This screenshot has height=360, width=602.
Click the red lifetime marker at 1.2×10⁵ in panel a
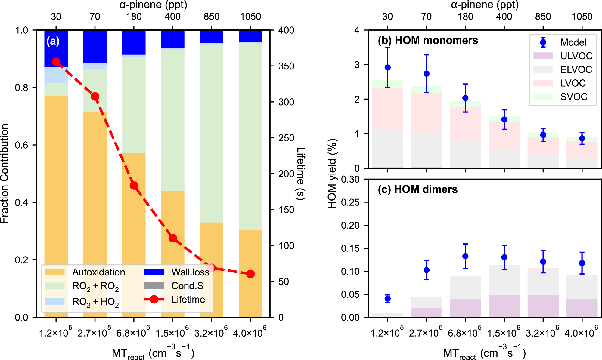click(56, 62)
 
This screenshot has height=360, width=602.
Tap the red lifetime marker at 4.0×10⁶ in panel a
click(250, 274)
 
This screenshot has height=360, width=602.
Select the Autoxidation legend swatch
click(55, 272)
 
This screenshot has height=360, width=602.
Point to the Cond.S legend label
click(187, 286)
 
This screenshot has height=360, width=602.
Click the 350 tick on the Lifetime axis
click(286, 66)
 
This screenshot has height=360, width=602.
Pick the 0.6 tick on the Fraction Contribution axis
click(22, 145)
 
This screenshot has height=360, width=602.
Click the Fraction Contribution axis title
click(5, 174)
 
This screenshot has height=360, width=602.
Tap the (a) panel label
click(53, 41)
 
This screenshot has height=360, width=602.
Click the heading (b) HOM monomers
click(428, 40)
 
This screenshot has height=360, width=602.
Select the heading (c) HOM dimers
click(417, 189)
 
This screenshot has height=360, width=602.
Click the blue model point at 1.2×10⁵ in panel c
click(388, 298)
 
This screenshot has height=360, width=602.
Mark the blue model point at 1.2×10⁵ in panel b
click(388, 67)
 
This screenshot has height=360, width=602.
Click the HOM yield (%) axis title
click(332, 174)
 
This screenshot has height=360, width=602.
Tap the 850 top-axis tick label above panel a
click(211, 17)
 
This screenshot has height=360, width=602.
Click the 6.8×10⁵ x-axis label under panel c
click(465, 333)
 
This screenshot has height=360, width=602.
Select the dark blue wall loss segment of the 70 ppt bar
click(95, 47)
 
